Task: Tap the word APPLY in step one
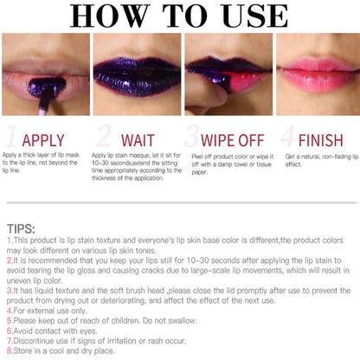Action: pyautogui.click(x=43, y=139)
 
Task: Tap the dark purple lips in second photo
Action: pyautogui.click(x=135, y=78)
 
